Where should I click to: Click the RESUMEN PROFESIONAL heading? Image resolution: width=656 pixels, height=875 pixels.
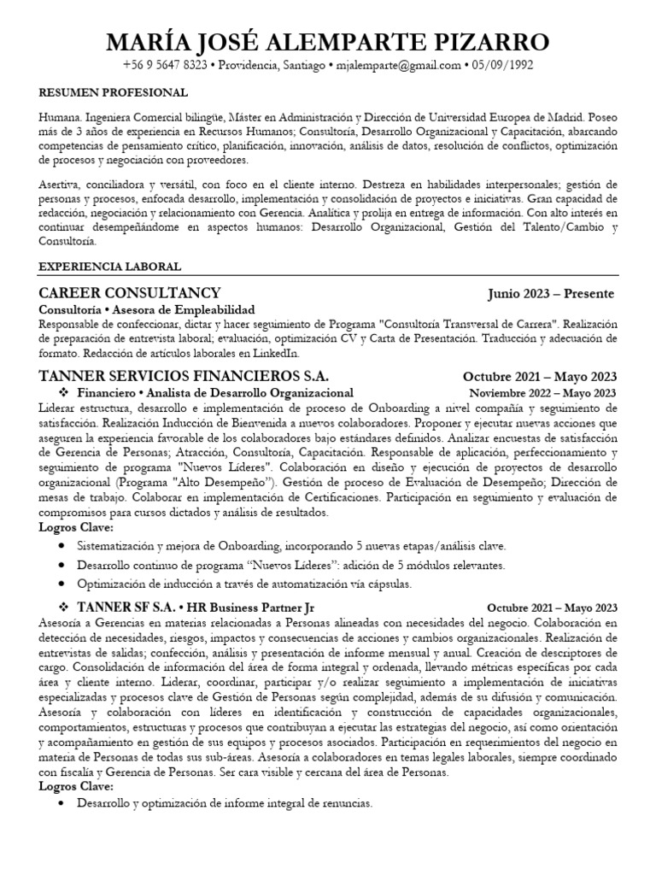pyautogui.click(x=114, y=92)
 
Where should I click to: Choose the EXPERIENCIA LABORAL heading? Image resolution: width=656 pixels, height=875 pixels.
pyautogui.click(x=109, y=267)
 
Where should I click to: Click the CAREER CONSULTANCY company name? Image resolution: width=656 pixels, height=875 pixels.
pyautogui.click(x=130, y=293)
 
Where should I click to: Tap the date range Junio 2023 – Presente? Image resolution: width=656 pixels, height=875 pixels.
pyautogui.click(x=551, y=294)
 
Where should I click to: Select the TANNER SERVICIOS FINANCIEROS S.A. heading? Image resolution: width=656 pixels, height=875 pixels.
pyautogui.click(x=184, y=377)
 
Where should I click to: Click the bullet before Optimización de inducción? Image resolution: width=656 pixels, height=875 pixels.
pyautogui.click(x=63, y=584)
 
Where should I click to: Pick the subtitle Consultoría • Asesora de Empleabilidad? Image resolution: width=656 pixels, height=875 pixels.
pyautogui.click(x=147, y=309)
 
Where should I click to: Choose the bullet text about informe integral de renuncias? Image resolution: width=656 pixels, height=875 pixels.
pyautogui.click(x=224, y=803)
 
